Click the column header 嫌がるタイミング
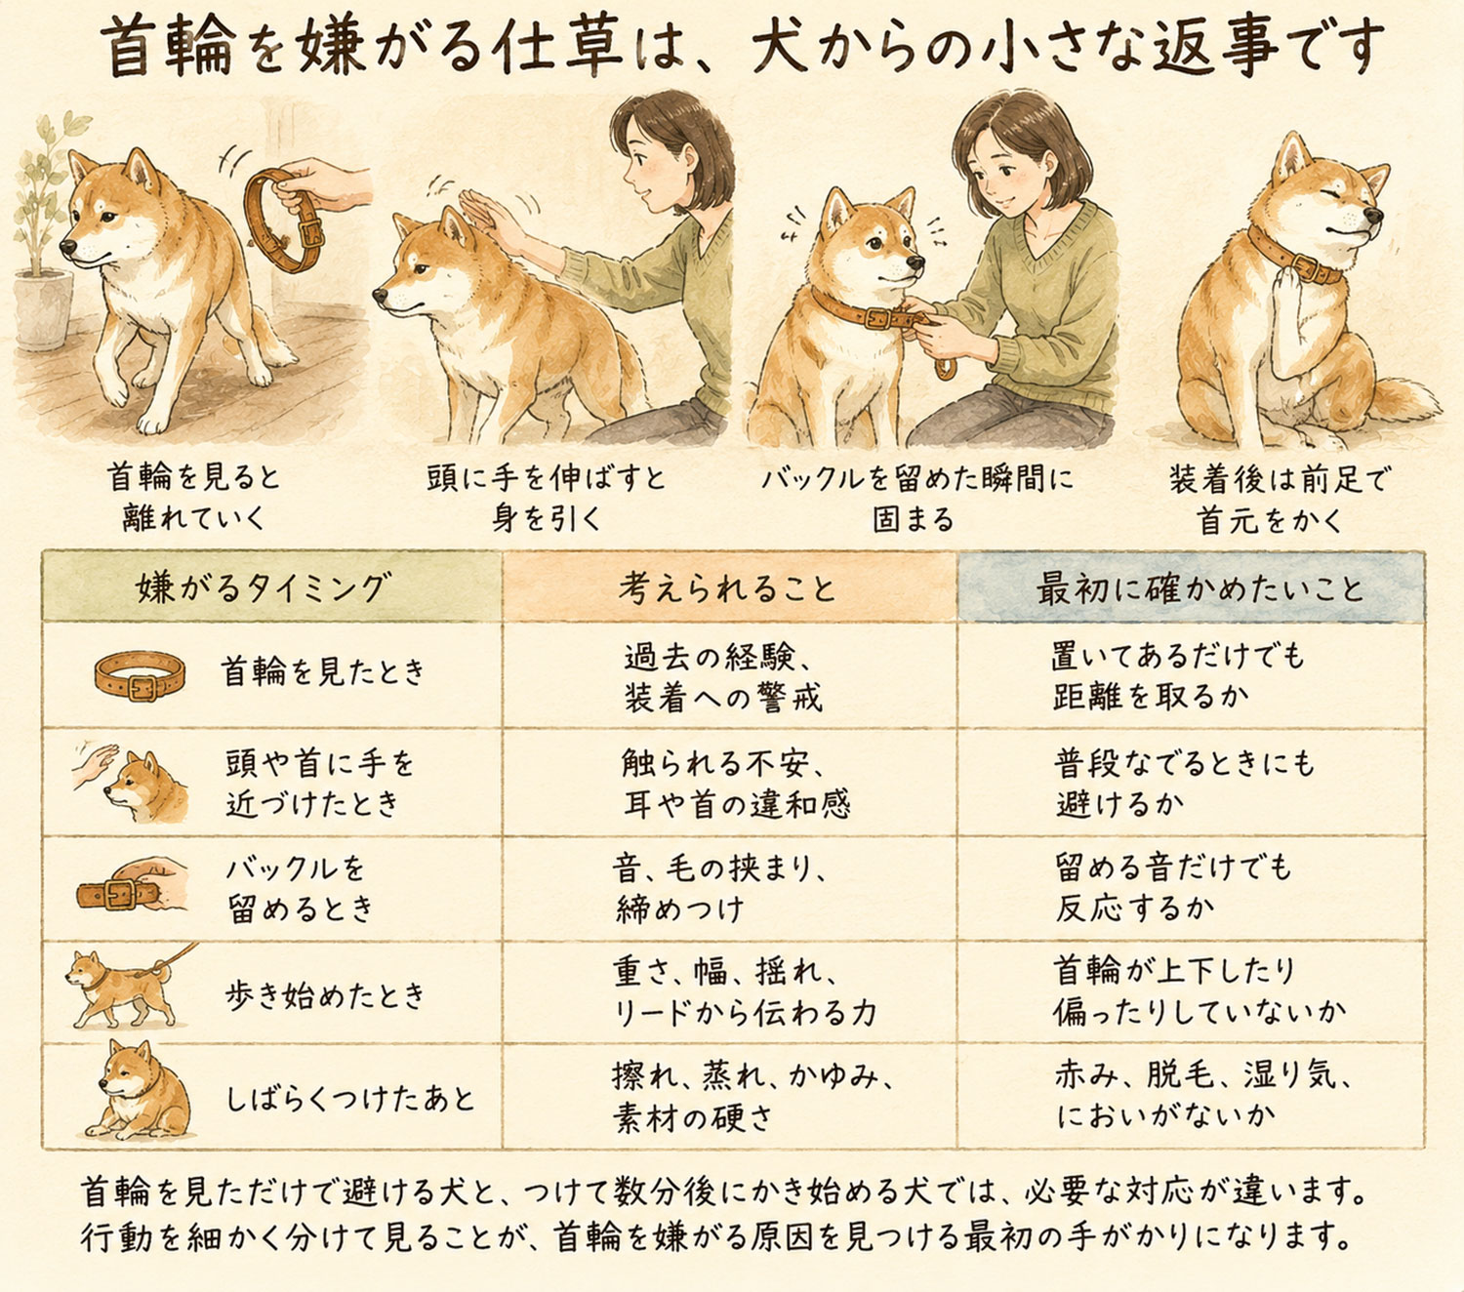[x=263, y=587]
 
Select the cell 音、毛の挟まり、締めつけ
[x=719, y=888]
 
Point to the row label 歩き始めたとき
[x=324, y=995]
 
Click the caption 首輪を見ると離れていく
[x=193, y=497]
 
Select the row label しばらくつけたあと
[x=349, y=1099]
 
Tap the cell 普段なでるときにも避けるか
[x=1184, y=783]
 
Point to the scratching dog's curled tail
[x=1405, y=402]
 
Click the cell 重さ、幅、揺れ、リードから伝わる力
[x=745, y=990]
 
